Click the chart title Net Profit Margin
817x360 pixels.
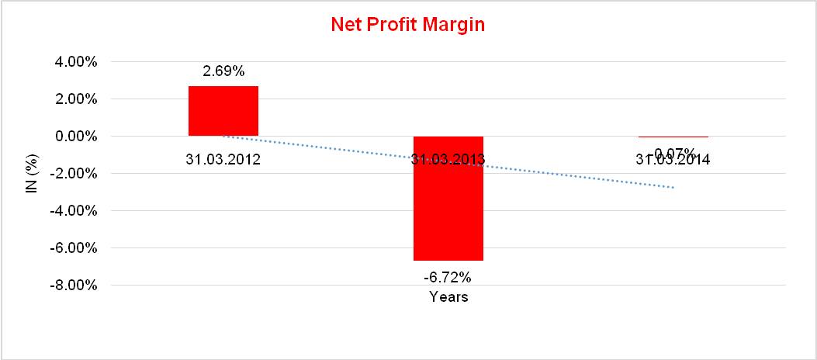tap(407, 25)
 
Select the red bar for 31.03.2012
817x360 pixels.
tap(223, 111)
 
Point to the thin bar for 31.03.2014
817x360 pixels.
tap(673, 137)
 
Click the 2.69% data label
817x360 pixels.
tap(223, 71)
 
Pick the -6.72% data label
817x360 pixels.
tap(448, 276)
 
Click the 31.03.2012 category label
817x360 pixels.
tap(223, 160)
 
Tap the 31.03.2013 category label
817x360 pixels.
tap(448, 160)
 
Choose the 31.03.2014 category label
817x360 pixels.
tap(673, 161)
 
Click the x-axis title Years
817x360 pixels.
tap(448, 296)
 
